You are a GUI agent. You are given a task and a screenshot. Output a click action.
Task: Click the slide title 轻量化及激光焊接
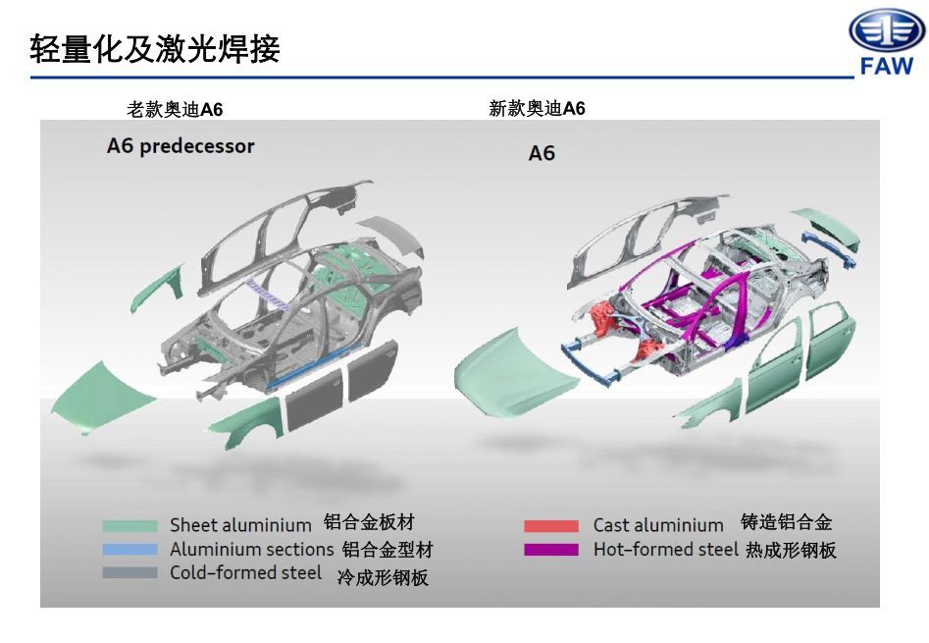pyautogui.click(x=155, y=48)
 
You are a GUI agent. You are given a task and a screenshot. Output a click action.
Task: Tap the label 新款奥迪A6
pyautogui.click(x=537, y=108)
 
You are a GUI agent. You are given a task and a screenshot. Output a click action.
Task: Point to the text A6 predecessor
pyautogui.click(x=181, y=146)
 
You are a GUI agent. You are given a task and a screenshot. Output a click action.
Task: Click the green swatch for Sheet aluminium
pyautogui.click(x=129, y=526)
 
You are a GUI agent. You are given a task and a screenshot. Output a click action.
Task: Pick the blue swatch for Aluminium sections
pyautogui.click(x=129, y=550)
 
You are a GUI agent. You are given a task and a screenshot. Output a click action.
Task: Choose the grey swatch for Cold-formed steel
pyautogui.click(x=129, y=572)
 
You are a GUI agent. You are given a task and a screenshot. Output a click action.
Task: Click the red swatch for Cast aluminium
pyautogui.click(x=551, y=526)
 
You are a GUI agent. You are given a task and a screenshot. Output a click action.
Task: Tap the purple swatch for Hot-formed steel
pyautogui.click(x=551, y=550)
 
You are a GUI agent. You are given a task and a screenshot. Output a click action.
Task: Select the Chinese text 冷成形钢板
pyautogui.click(x=383, y=577)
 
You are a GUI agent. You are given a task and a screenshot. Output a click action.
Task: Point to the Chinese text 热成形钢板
pyautogui.click(x=791, y=550)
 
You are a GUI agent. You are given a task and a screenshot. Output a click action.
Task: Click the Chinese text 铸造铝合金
pyautogui.click(x=786, y=523)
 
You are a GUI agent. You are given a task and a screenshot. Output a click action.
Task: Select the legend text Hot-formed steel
pyautogui.click(x=665, y=550)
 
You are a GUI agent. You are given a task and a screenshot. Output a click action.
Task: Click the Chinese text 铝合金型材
pyautogui.click(x=387, y=550)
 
